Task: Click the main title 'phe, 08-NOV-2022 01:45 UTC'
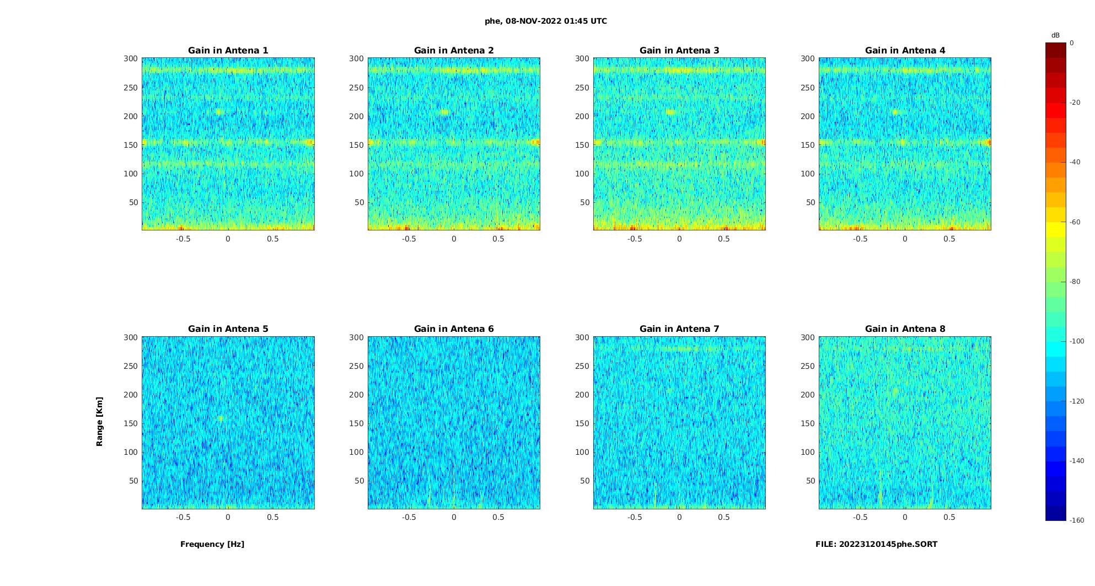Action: [x=546, y=21]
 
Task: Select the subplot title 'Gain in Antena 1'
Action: [x=228, y=50]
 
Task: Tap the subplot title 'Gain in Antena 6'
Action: [x=454, y=329]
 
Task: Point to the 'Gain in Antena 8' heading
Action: [x=905, y=329]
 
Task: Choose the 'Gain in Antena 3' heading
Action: [x=679, y=50]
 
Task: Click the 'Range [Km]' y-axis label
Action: [x=100, y=421]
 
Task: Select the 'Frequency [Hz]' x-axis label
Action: [x=212, y=544]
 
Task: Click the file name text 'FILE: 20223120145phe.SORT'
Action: [x=876, y=544]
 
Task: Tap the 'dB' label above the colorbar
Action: [x=1055, y=35]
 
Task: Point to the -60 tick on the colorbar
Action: [x=1075, y=222]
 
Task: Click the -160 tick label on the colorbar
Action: [x=1076, y=520]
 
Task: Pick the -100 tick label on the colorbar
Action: [x=1076, y=341]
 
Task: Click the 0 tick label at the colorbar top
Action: [x=1071, y=43]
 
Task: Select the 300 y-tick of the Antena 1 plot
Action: [x=130, y=58]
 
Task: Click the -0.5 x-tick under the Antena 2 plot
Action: [x=409, y=239]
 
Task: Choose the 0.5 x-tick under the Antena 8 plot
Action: [x=949, y=517]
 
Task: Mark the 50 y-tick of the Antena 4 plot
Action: [x=810, y=202]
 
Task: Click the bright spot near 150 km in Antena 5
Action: [x=221, y=418]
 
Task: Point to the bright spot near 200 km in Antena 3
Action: [x=670, y=112]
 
